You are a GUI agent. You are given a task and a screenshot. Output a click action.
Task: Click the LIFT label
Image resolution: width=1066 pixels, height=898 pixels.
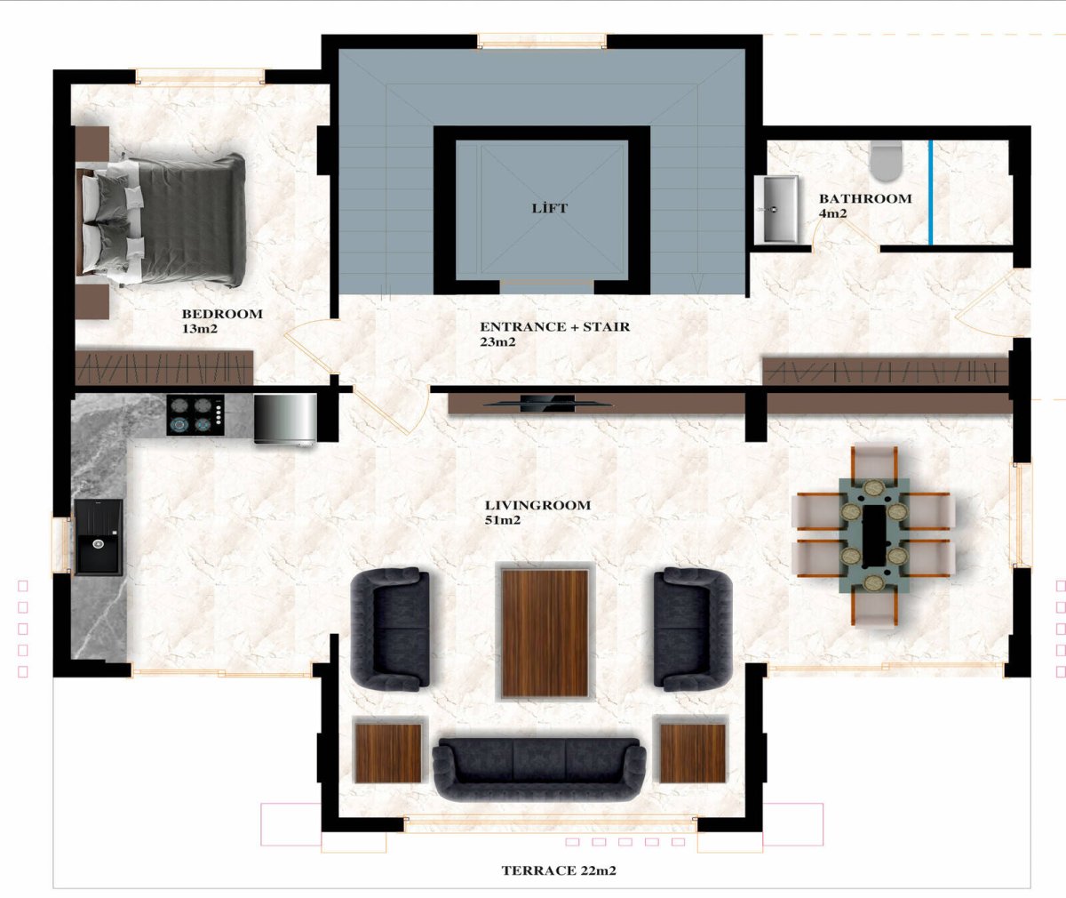549,208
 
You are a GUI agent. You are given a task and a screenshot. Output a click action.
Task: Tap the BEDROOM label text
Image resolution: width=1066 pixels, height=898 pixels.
222,314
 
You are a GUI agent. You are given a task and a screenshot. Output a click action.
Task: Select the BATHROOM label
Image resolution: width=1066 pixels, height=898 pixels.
865,198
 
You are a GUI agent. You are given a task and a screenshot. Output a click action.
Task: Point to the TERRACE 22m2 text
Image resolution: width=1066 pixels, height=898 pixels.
559,870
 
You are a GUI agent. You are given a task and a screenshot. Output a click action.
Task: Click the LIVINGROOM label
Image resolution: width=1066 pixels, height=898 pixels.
537,505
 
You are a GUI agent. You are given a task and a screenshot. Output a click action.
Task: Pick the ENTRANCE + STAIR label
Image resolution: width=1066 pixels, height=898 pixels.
555,326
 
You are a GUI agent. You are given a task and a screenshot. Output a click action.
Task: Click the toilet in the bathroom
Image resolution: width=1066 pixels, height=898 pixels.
887,161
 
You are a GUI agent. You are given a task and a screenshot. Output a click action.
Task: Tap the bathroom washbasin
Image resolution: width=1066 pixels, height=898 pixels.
776,209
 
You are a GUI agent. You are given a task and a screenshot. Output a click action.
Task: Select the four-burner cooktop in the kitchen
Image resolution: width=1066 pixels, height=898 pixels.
195,415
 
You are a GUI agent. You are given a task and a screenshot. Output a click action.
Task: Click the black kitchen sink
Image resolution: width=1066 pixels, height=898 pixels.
99,537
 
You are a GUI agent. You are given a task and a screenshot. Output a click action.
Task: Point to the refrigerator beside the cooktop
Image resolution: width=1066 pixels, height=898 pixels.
285,419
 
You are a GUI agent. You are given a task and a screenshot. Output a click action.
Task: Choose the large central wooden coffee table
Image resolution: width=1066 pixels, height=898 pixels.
545,634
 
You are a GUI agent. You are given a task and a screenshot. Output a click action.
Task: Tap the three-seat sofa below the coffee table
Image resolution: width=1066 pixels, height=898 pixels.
539,769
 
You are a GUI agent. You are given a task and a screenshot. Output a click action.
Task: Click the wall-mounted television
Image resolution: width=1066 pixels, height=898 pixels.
547,404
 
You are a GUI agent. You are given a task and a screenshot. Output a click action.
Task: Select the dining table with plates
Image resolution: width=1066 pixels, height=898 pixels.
874,535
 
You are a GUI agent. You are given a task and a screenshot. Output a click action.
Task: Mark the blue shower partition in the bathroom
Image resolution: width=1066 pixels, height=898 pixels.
931,192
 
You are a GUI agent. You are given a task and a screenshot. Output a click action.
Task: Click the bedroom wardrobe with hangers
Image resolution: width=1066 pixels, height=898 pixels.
164,367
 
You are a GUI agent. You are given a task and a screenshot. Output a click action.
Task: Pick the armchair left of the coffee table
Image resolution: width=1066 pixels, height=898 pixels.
391,629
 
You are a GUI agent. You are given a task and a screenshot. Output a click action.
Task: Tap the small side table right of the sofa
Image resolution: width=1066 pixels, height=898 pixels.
693,753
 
